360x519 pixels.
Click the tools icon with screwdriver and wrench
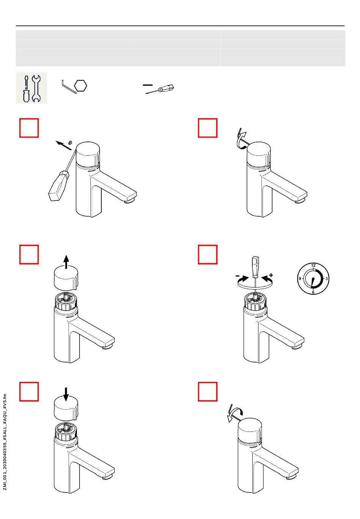click(31, 88)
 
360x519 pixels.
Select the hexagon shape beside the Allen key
click(80, 86)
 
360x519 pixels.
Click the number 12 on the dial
click(313, 266)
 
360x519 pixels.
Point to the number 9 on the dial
click(300, 278)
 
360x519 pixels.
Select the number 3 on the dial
click(327, 278)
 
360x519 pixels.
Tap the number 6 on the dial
click(313, 292)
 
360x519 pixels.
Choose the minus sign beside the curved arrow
click(237, 275)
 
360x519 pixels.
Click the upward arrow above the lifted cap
click(66, 262)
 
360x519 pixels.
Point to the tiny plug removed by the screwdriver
click(70, 143)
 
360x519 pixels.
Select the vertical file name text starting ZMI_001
click(5, 442)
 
